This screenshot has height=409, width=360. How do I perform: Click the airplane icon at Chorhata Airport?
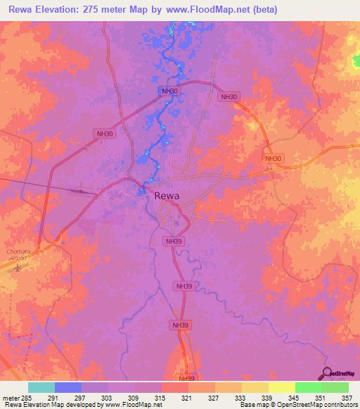point(21,267)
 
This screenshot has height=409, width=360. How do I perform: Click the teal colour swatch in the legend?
point(41,387)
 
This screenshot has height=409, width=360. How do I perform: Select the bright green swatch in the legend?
point(309,387)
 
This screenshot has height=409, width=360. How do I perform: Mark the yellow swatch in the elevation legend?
point(282,387)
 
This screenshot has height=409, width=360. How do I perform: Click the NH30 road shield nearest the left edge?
point(104,134)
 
